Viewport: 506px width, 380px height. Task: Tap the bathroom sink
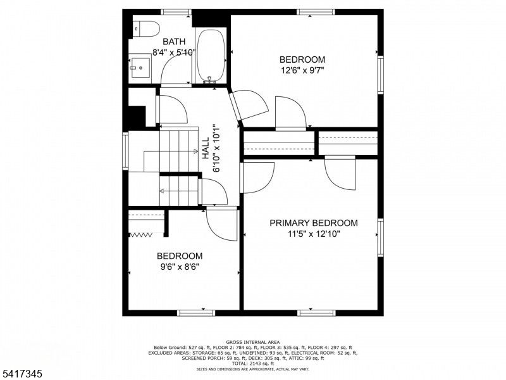(x=140, y=66)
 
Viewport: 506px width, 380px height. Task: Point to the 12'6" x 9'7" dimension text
(x=302, y=72)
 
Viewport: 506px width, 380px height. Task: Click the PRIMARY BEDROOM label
(x=313, y=223)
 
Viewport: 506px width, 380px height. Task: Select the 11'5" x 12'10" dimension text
(x=313, y=234)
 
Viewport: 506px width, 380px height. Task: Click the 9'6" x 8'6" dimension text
(x=180, y=267)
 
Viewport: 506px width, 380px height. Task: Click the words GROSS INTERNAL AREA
(x=252, y=342)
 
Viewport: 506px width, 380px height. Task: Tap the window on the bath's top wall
(x=175, y=11)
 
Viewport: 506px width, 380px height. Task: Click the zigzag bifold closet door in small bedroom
(x=142, y=235)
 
